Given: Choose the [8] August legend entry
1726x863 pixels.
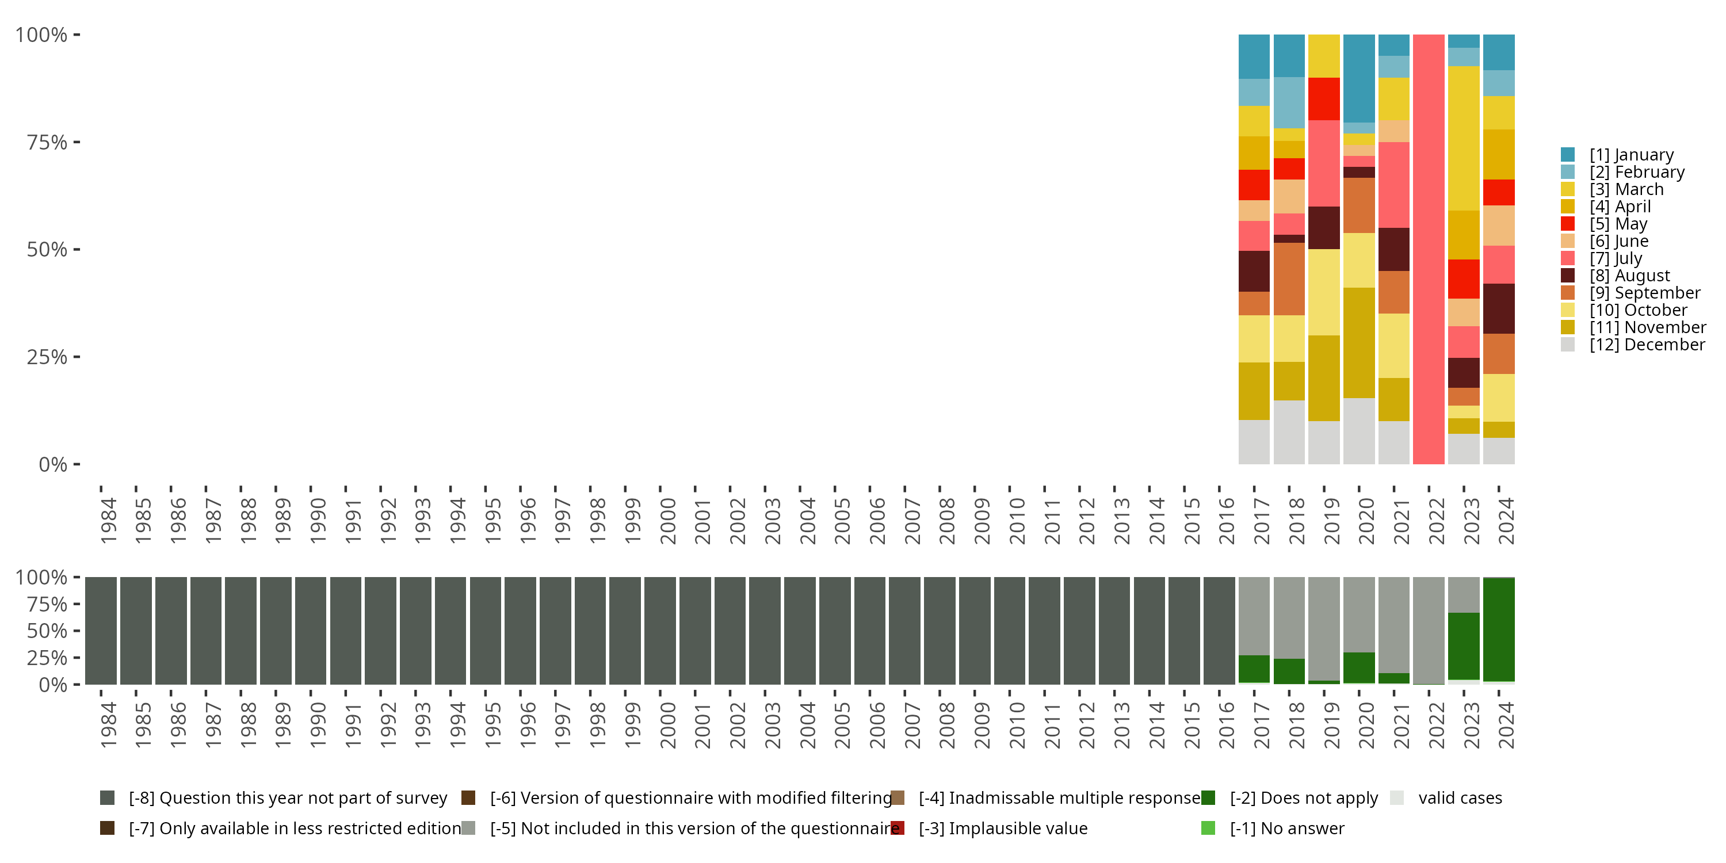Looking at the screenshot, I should pos(1629,276).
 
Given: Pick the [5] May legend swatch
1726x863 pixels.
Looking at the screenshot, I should pos(1568,224).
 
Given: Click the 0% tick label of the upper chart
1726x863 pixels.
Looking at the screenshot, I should pos(52,464).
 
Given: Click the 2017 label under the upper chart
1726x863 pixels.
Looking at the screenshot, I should pos(1261,521).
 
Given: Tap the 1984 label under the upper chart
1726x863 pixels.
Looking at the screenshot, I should pos(108,521).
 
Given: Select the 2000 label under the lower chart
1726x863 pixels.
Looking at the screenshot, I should pos(667,725).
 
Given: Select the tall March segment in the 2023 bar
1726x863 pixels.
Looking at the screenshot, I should pos(1463,138).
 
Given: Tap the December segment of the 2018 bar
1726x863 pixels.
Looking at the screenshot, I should pos(1289,432).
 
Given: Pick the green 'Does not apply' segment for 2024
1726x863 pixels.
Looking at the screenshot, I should pos(1499,630).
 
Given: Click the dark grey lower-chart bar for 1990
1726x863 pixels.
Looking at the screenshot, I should pos(311,631).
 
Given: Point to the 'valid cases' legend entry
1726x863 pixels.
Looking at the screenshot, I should pos(1459,798).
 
